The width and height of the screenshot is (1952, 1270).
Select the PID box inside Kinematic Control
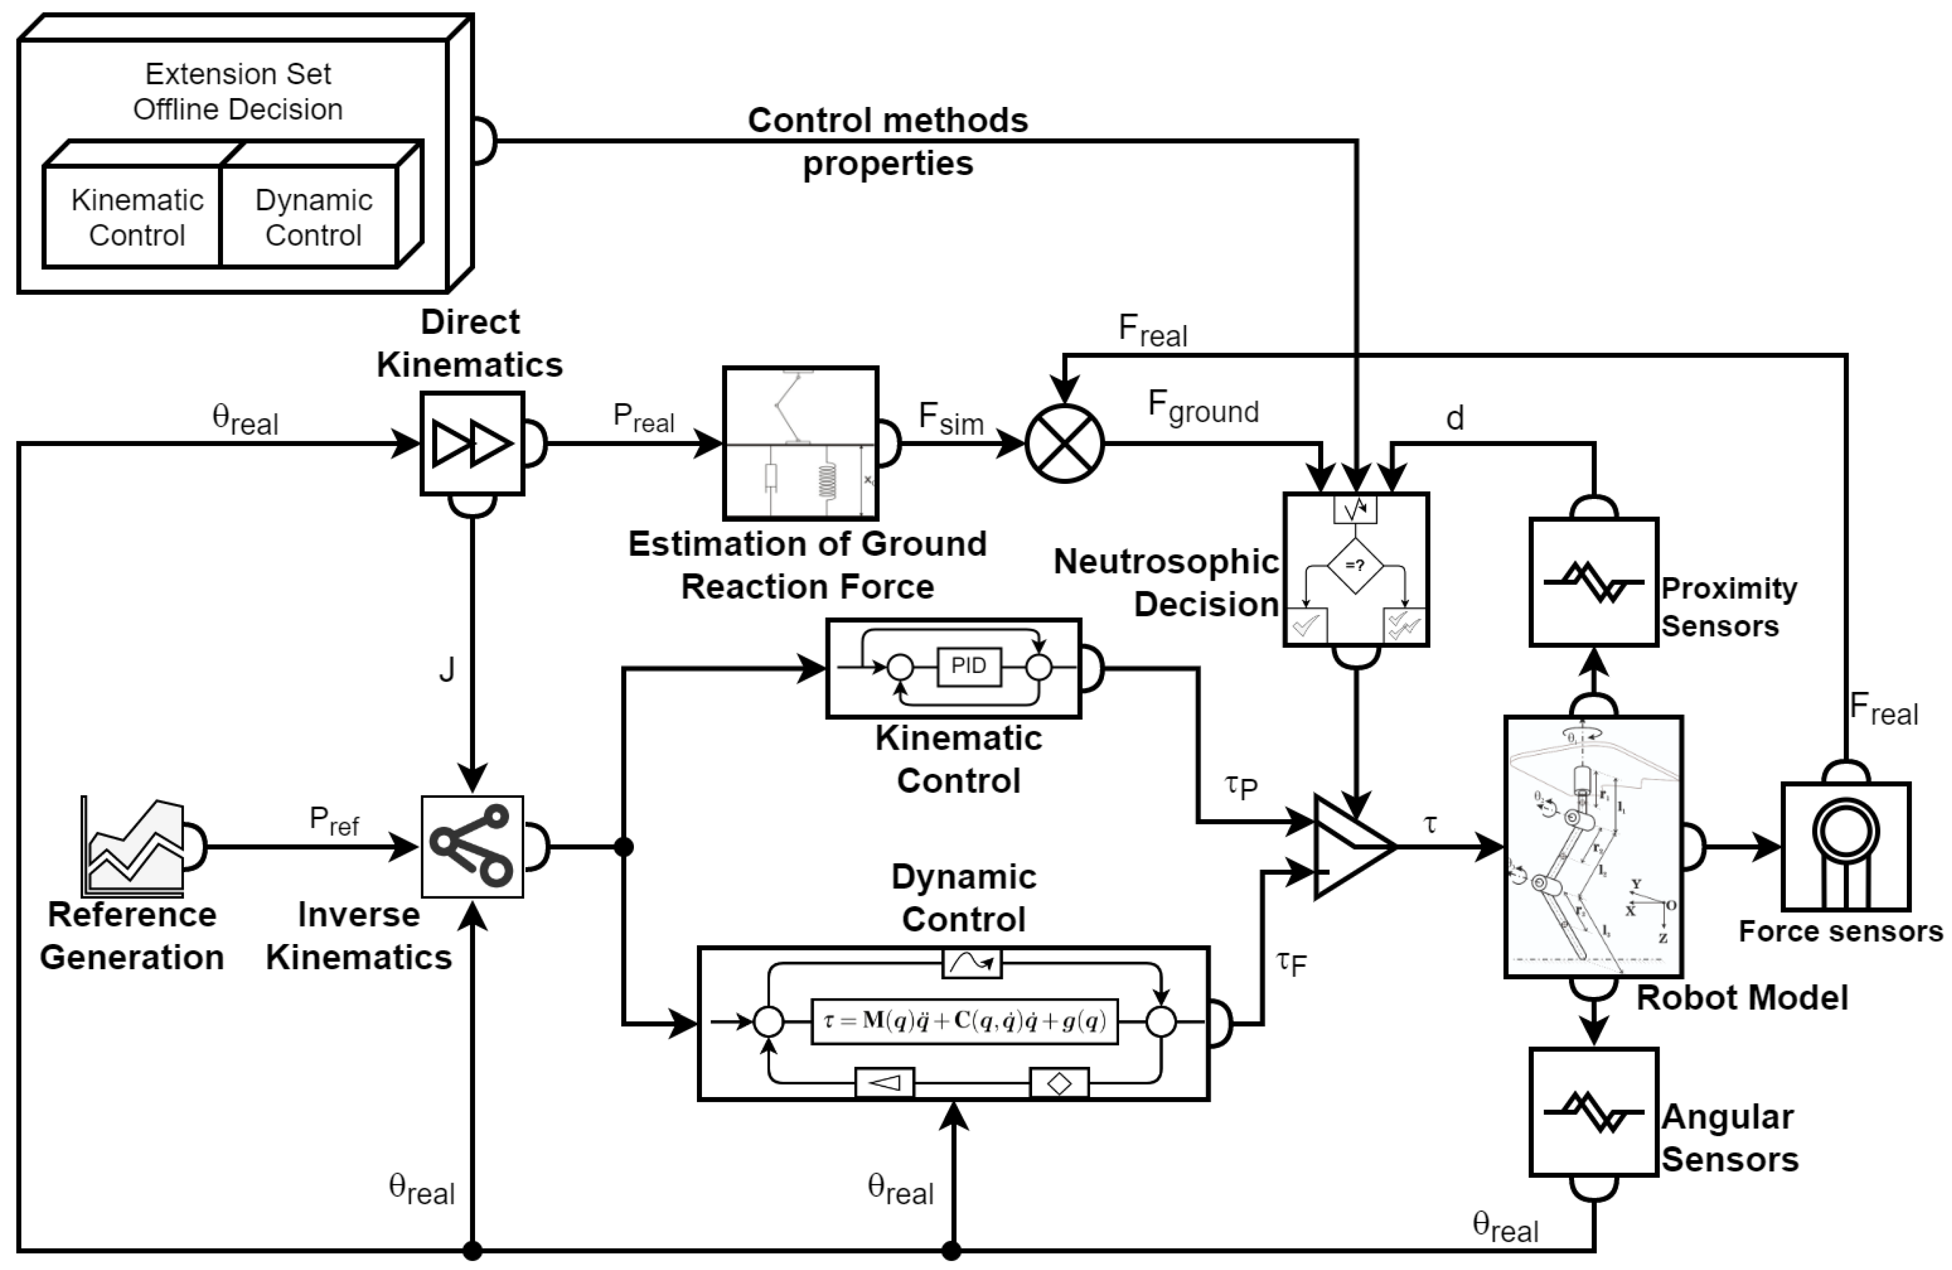(968, 666)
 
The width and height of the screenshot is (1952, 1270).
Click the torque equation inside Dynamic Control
(965, 1021)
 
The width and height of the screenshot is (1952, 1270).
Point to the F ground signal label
(1203, 408)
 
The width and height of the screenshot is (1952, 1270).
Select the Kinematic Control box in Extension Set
(136, 217)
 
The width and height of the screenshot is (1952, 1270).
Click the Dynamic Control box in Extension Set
(313, 217)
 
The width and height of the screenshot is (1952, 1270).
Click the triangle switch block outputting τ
(1349, 846)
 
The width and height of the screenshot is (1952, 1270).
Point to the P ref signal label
(334, 821)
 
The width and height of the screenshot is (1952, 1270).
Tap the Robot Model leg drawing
(1593, 846)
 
